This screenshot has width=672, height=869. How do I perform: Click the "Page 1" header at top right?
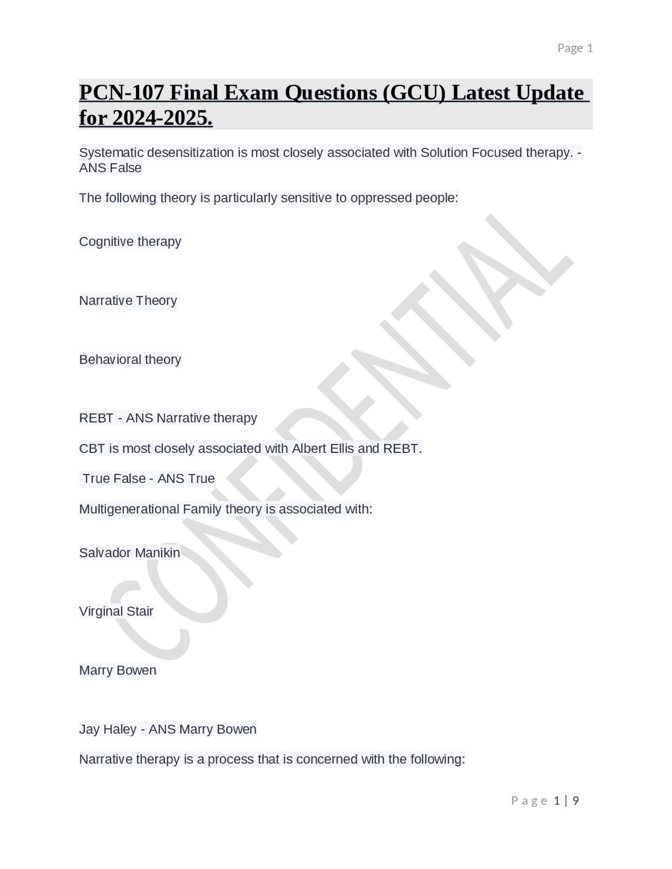coord(575,48)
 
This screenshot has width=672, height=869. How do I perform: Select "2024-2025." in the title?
coord(162,118)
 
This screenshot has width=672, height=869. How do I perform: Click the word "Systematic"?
coord(111,153)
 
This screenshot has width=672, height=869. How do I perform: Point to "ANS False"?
coord(110,168)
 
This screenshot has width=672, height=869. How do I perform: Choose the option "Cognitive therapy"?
coord(130,241)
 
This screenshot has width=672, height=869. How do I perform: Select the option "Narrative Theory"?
coord(128,300)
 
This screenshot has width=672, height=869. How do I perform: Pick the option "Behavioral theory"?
coord(130,359)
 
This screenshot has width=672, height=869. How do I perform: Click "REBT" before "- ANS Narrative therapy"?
coord(96,418)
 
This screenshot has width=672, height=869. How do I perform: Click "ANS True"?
coord(186,479)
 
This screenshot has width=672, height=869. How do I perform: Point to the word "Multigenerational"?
coord(129,509)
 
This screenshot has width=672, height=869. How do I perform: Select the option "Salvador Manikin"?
coord(129,553)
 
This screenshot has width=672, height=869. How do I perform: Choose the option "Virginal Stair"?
coord(116,611)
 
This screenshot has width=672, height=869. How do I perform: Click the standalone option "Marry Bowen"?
coord(118,670)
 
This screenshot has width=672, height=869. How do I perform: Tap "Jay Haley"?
coord(108,729)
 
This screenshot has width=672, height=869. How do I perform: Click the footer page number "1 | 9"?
coord(566,801)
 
